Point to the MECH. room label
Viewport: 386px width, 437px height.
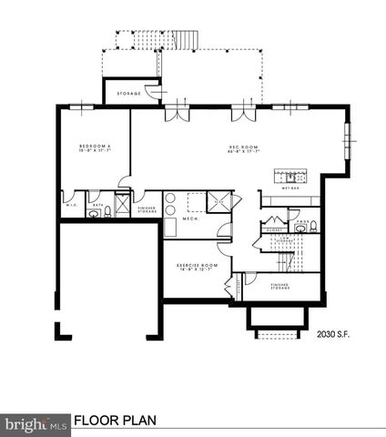[190, 219]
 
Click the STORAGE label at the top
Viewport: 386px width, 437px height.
[128, 92]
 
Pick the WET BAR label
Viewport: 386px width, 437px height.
[291, 190]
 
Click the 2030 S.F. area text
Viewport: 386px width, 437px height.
[332, 334]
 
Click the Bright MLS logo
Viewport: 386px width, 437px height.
[36, 422]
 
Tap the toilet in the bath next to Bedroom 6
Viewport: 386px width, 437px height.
[107, 211]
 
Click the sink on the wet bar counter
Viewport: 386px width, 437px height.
[293, 177]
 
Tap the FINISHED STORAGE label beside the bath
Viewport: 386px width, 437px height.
[147, 209]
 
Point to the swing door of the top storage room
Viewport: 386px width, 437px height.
[157, 90]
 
